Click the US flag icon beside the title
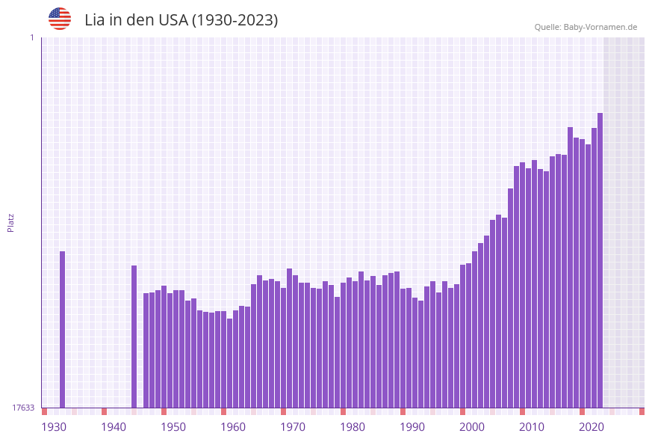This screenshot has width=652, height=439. coord(60,19)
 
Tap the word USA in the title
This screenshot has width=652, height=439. coord(173,20)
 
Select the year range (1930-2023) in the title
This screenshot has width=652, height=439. coord(235,20)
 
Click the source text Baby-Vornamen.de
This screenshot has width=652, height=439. coord(600,27)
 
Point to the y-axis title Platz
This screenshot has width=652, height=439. coord(11,222)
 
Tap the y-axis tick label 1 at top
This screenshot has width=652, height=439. coord(31,37)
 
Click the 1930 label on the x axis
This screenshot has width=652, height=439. coord(54,426)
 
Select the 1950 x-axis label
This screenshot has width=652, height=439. coord(173,426)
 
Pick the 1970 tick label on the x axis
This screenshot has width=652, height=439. coord(293,426)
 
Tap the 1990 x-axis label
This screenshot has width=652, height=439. coord(412,426)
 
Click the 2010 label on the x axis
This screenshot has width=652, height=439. coord(532,426)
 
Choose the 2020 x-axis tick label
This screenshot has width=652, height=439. coord(592,426)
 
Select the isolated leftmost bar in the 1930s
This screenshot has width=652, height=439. coord(62,329)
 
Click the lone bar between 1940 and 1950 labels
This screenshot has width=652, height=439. coord(134,337)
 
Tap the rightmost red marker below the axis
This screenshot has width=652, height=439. coord(642,411)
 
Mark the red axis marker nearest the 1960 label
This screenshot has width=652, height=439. coord(223,411)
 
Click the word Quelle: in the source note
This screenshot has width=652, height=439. coord(547,27)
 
